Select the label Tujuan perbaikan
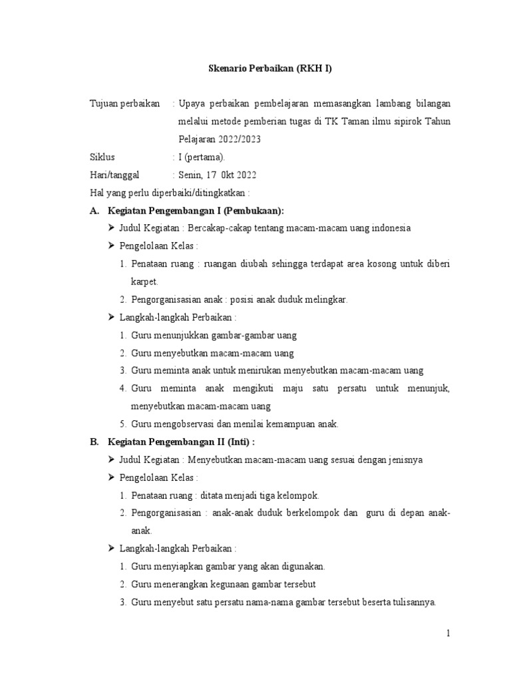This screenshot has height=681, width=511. click(125, 104)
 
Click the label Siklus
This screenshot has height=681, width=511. click(102, 158)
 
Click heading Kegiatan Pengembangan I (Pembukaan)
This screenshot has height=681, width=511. click(195, 211)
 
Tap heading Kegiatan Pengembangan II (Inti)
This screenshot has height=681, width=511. click(180, 442)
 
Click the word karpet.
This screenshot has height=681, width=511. click(144, 281)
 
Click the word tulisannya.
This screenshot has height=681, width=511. click(413, 603)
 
